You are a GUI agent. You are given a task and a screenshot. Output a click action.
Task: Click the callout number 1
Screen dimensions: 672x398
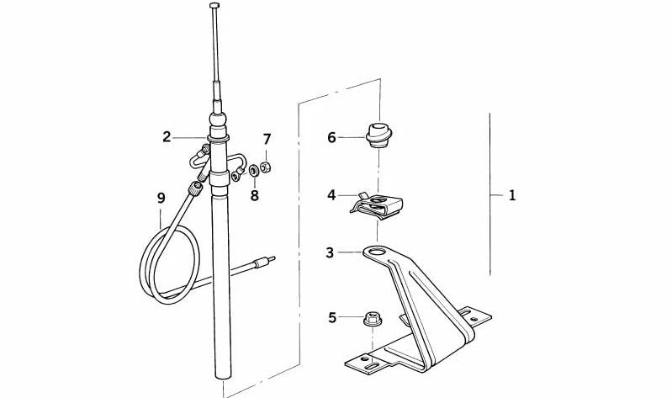511,195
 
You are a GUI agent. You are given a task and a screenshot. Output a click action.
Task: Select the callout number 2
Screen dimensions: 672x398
167,137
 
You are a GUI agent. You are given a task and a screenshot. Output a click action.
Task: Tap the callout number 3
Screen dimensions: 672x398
330,252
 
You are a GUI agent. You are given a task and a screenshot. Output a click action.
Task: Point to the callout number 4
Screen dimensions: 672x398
331,195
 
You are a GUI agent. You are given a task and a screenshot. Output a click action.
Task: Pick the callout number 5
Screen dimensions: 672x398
332,318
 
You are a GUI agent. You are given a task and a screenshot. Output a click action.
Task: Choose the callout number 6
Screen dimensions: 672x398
331,137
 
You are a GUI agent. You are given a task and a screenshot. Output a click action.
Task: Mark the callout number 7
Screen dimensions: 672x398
267,139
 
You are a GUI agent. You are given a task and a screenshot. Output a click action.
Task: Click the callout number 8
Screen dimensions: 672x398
255,195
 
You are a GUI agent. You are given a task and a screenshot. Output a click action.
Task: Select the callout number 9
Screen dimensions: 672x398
161,198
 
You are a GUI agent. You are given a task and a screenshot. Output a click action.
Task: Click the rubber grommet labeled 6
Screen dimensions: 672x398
378,135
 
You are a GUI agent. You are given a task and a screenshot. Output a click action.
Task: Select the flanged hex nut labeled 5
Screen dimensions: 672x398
373,319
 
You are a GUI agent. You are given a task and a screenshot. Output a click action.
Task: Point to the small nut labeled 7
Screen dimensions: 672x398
266,167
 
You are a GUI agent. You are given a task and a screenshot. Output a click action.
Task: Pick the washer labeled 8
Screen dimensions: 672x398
254,170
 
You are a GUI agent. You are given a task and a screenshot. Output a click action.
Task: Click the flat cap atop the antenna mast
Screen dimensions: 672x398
214,5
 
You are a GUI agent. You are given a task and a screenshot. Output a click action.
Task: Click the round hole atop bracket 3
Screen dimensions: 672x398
377,252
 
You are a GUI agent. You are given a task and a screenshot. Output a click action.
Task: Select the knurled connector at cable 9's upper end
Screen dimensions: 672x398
195,188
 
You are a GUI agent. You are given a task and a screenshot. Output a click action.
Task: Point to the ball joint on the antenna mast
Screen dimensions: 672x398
218,119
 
